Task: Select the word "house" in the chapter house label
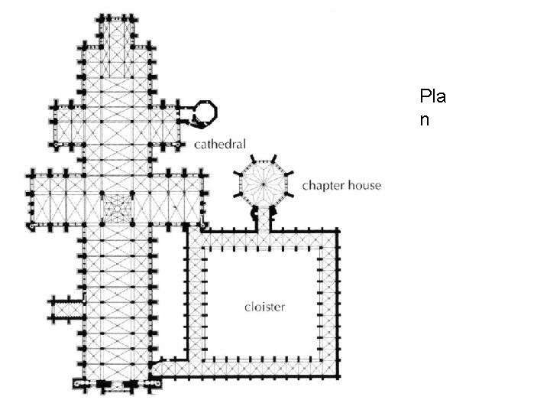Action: pyautogui.click(x=364, y=186)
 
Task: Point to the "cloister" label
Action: pyautogui.click(x=264, y=307)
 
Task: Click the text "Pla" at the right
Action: pyautogui.click(x=433, y=98)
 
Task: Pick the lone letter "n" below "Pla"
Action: pyautogui.click(x=424, y=120)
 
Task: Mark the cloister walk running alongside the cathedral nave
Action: pyautogui.click(x=195, y=298)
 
